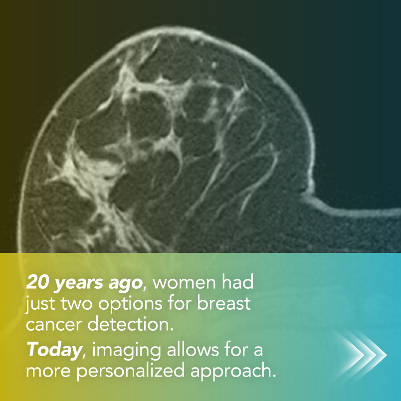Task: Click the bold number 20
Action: [37, 282]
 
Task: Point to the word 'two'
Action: [77, 304]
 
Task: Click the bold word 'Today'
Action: [54, 350]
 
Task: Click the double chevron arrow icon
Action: [361, 355]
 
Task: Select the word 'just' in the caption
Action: [40, 305]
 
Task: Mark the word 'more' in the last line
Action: [48, 373]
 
